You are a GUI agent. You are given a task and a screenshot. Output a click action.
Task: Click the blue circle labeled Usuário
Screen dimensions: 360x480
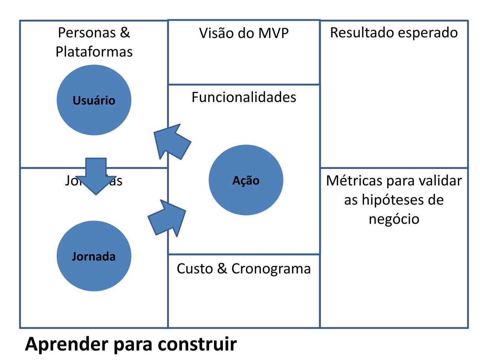(x=94, y=100)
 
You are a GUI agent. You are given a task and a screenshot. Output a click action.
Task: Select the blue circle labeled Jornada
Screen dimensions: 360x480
(x=94, y=256)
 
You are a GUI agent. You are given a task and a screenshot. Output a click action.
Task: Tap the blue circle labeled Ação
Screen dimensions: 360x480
(x=246, y=180)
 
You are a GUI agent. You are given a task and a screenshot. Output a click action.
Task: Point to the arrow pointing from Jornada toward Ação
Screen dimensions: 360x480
(x=168, y=218)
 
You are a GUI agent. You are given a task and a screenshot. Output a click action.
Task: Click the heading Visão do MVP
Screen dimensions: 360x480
(x=244, y=33)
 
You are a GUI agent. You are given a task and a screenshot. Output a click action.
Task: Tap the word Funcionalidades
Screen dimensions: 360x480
(x=244, y=97)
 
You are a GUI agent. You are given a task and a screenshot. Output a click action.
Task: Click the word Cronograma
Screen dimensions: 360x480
(x=271, y=269)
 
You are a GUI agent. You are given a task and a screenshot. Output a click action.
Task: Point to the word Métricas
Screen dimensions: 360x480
(x=354, y=181)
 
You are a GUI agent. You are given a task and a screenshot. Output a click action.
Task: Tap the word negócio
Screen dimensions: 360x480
(x=394, y=219)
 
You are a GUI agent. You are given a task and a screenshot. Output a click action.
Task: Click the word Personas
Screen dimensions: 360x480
(x=87, y=33)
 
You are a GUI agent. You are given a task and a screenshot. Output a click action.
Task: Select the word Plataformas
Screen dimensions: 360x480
(x=94, y=52)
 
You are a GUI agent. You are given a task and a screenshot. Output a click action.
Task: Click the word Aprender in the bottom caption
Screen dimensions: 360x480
(x=66, y=344)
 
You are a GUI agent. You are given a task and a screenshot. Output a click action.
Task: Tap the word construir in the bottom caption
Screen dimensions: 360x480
(x=197, y=344)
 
